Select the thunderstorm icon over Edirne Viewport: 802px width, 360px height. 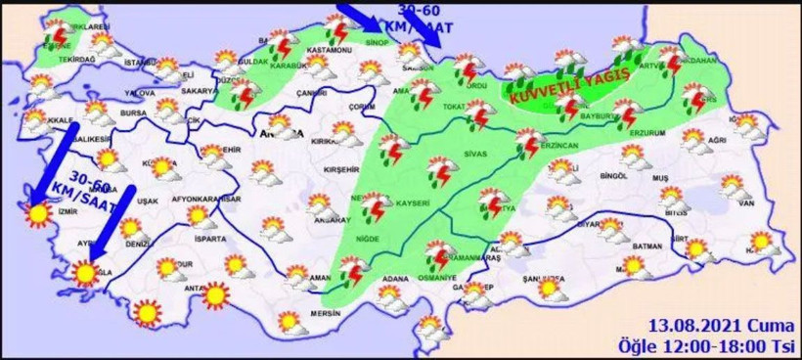(58, 37)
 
